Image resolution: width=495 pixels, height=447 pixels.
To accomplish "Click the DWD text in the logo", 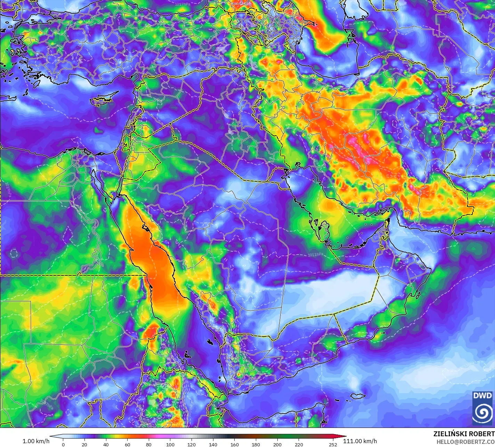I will [482, 396].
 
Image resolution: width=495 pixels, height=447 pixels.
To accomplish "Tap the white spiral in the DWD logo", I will [482, 413].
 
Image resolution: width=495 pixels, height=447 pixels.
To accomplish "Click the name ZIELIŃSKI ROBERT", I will [464, 434].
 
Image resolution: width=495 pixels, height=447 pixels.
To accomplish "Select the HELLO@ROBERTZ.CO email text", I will [465, 441].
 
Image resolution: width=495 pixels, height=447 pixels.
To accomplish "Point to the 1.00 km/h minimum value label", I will [36, 441].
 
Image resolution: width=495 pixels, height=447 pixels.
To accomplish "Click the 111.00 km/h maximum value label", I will [360, 441].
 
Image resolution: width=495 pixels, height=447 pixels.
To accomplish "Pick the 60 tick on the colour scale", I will [127, 444].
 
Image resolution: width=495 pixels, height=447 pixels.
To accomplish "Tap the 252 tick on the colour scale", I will [333, 444].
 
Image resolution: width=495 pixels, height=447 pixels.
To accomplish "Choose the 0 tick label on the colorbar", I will [63, 444].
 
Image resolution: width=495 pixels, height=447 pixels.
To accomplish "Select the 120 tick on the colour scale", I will [192, 444].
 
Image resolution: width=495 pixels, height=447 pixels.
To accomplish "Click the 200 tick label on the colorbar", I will [277, 444].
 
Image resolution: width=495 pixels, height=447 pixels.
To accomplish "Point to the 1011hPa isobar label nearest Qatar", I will [315, 255].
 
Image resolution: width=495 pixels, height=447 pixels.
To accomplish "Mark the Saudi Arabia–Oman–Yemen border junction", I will [334, 314].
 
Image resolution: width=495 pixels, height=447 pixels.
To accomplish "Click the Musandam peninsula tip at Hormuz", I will [388, 220].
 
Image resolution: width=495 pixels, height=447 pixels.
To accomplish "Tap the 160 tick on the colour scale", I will [235, 444].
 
